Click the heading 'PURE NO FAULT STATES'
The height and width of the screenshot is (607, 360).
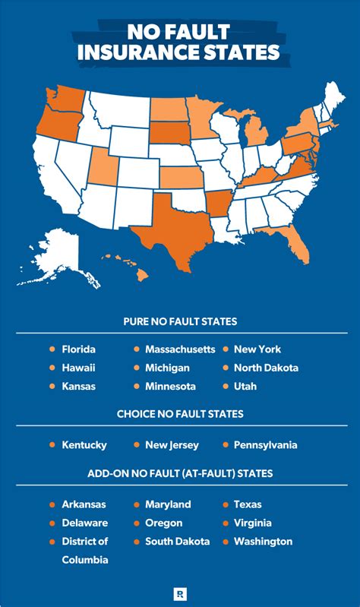click(x=180, y=321)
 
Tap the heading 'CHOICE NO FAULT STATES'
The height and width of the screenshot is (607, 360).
click(x=180, y=415)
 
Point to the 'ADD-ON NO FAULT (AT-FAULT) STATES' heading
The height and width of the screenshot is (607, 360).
click(x=180, y=473)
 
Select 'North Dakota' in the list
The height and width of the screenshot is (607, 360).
click(x=266, y=368)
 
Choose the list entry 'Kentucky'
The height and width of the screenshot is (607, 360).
click(x=84, y=445)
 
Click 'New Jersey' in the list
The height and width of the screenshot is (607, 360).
click(x=172, y=445)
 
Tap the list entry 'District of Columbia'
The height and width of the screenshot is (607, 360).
click(x=85, y=551)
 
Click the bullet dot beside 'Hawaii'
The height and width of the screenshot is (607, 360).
click(x=52, y=368)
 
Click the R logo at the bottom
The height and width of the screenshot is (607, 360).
click(x=180, y=590)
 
